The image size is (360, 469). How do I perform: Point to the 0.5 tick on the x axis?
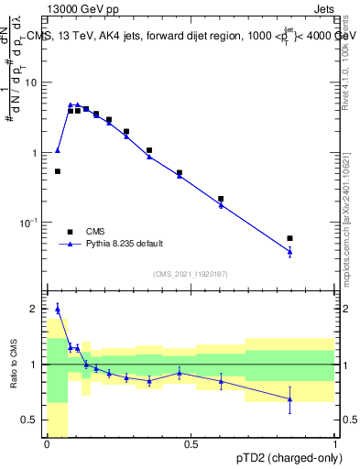[x=191, y=444]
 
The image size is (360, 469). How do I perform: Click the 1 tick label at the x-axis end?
[x=334, y=444]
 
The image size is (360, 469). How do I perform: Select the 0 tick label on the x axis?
[x=47, y=444]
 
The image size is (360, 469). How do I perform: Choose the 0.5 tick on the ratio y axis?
[x=33, y=420]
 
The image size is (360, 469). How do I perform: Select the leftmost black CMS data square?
[x=58, y=171]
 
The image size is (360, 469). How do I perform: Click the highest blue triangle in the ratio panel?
[x=58, y=309]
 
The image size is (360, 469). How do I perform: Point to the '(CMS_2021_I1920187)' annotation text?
[x=190, y=273]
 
